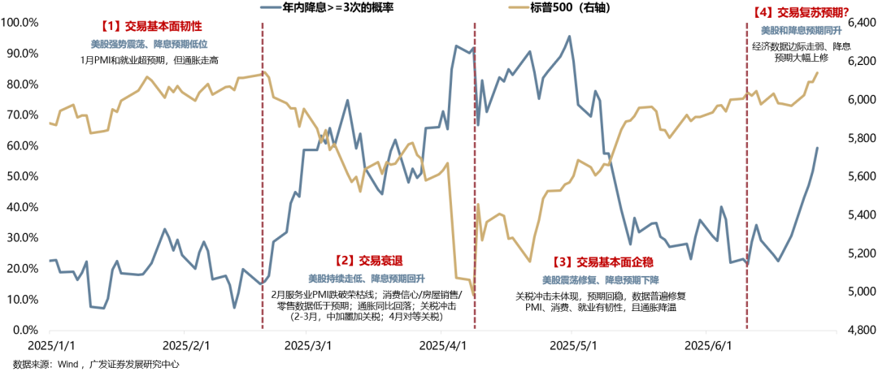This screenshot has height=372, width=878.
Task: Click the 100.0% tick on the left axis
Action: tap(20, 22)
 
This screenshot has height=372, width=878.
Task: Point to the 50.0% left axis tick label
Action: tap(22, 176)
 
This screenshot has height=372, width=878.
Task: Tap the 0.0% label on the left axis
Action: tap(24, 331)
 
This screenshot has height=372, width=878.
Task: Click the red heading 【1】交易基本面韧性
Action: tap(150, 26)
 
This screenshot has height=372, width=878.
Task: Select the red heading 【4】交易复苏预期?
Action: tap(801, 12)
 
